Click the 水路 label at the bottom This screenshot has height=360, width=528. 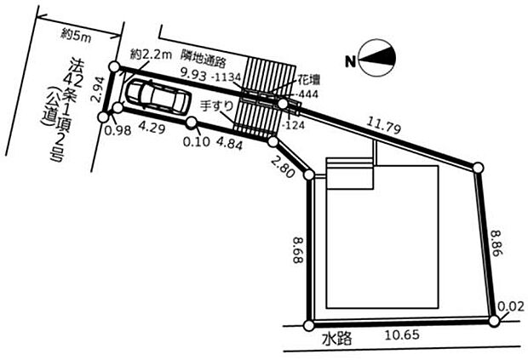[336, 337]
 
